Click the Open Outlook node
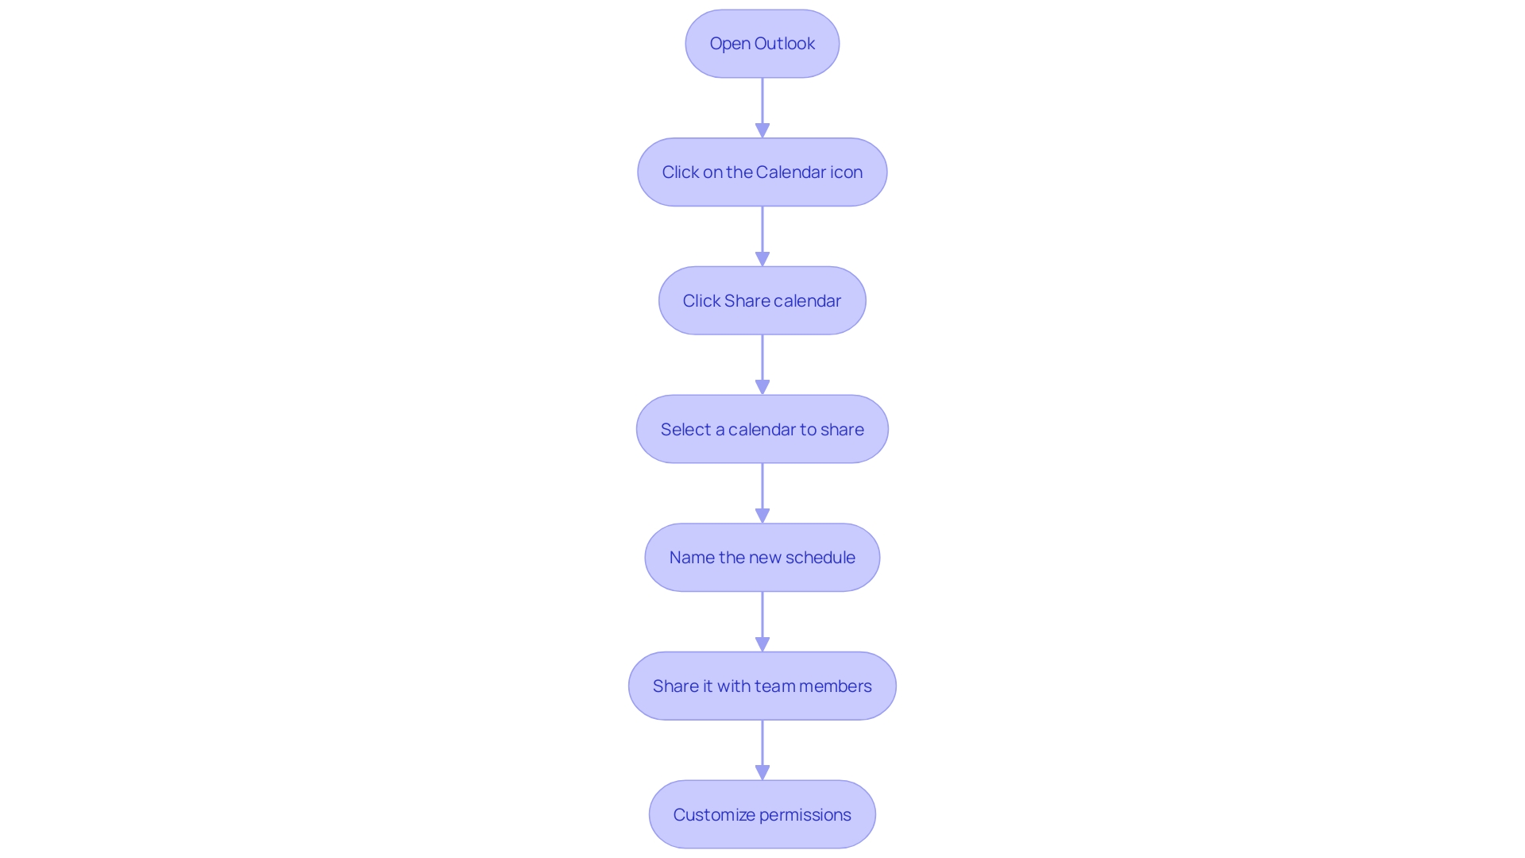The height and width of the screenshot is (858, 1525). (x=762, y=44)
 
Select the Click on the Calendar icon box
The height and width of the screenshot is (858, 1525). (x=762, y=172)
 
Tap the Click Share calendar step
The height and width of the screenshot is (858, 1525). (x=762, y=300)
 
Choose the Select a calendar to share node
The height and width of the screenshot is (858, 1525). (x=762, y=429)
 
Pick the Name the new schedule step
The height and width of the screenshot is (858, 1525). (x=762, y=558)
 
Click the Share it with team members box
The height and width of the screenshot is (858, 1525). (x=762, y=686)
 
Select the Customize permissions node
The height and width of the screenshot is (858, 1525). (x=762, y=814)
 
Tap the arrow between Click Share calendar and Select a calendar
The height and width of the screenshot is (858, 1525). (x=762, y=363)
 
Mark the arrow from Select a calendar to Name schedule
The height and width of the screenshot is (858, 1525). (x=762, y=492)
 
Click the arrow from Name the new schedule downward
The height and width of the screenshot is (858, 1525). (x=762, y=620)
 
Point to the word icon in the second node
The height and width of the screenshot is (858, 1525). (x=847, y=172)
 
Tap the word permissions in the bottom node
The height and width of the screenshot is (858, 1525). (x=805, y=815)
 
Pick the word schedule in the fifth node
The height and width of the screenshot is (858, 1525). (x=820, y=558)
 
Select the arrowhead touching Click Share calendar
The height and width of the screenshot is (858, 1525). (x=762, y=259)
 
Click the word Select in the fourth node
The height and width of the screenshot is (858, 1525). (x=685, y=430)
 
